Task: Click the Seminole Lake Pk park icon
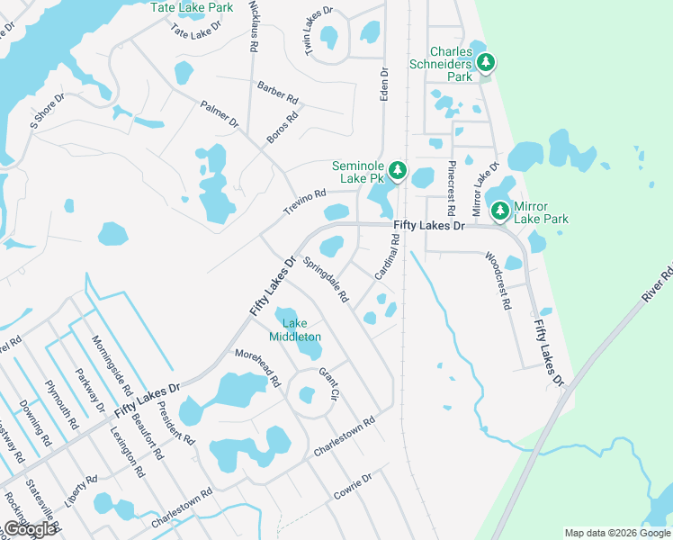(397, 171)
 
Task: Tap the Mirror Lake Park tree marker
(500, 211)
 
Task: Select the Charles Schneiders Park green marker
(486, 62)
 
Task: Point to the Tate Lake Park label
(192, 7)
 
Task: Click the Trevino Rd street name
(304, 201)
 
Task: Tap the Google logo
(29, 529)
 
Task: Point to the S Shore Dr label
(48, 112)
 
